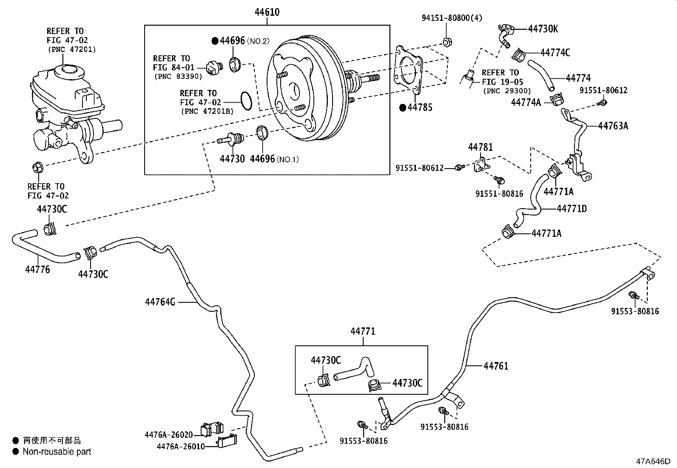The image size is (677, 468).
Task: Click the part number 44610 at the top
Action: pos(267,12)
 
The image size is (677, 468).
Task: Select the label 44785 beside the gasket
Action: pos(420,108)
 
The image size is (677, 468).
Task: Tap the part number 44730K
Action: pos(543,29)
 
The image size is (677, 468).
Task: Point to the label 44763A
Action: pos(613,126)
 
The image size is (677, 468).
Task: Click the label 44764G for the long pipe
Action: pos(160,302)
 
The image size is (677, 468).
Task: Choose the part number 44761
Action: pos(495,366)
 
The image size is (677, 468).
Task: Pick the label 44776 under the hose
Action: pos(37,269)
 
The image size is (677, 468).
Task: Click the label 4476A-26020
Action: pos(169,435)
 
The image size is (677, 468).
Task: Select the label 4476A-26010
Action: pos(181,446)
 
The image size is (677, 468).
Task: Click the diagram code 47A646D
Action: pos(653,461)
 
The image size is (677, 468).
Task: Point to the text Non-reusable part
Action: pos(57,451)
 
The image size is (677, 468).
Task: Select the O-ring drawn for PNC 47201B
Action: pos(246,100)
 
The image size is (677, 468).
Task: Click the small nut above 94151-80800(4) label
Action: pos(447,42)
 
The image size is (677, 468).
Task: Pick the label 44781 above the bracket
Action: pos(480,147)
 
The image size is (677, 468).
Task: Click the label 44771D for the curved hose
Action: pos(572,209)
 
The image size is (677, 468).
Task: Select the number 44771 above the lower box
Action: pos(363,331)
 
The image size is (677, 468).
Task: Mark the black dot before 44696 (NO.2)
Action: pos(215,41)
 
